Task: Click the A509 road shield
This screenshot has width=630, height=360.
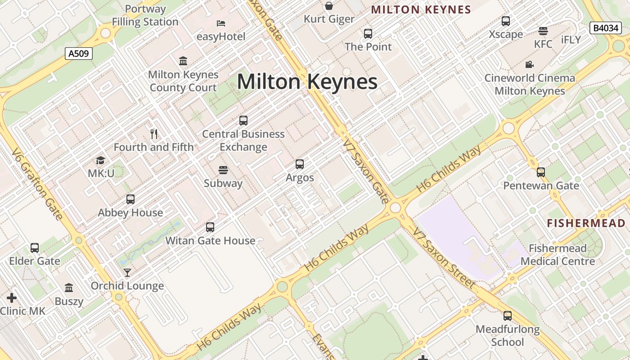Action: click(x=79, y=54)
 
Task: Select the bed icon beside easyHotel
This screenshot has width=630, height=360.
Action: click(x=221, y=23)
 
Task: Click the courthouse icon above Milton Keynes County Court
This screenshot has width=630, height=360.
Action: click(x=183, y=61)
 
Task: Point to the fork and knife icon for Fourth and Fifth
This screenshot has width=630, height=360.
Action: click(x=154, y=134)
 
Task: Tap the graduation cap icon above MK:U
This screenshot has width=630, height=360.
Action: click(x=100, y=160)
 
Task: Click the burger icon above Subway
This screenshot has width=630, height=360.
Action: click(x=223, y=170)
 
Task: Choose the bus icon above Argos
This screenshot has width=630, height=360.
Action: click(x=300, y=164)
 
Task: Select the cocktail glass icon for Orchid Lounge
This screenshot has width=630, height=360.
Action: click(x=127, y=273)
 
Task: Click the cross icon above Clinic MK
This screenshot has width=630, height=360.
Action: click(x=12, y=297)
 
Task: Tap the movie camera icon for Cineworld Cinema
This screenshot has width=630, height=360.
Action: click(x=530, y=64)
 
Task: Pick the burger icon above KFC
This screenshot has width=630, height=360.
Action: click(x=543, y=31)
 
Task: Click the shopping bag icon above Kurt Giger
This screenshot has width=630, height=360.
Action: click(x=329, y=6)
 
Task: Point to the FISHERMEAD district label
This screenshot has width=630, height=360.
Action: click(x=586, y=223)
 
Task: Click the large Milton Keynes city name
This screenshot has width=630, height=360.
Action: click(x=307, y=82)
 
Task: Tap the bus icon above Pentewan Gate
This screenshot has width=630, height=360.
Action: click(x=541, y=172)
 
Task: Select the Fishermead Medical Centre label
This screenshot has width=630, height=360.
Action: click(x=558, y=255)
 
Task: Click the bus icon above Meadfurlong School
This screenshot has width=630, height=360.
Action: click(x=508, y=316)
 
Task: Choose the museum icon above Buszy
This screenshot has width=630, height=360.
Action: click(x=69, y=288)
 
